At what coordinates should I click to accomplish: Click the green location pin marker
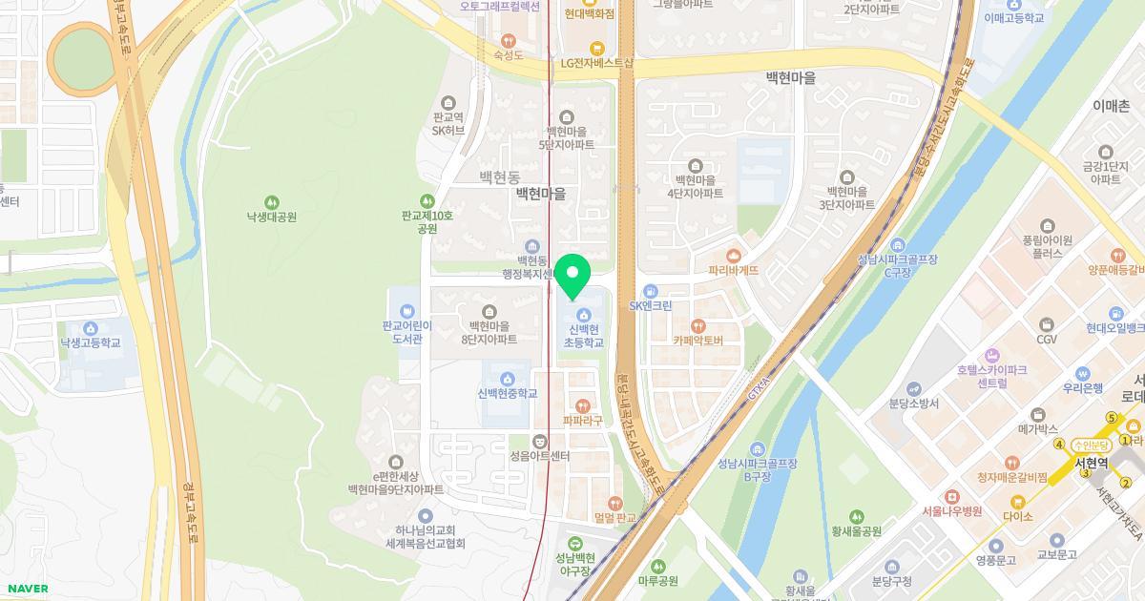point(572,276)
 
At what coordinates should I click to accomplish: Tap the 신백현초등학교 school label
point(583,336)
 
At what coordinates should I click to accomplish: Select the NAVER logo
point(27,589)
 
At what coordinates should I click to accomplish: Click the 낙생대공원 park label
point(271,217)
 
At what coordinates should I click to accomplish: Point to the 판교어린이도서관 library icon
point(407,311)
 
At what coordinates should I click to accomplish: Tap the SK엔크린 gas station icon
point(651,291)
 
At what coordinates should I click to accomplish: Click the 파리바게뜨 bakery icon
point(733,256)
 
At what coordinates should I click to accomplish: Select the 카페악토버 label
point(697,341)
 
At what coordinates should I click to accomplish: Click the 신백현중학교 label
point(508,393)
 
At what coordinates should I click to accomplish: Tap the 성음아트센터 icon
point(540,441)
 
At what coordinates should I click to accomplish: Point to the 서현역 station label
point(1091,463)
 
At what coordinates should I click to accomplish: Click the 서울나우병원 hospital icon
point(951,497)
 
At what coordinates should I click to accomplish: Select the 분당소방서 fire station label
point(913,404)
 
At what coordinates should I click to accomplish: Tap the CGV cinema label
point(1047,339)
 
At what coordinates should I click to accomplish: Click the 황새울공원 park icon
point(856,517)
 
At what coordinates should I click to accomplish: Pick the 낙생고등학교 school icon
point(91,329)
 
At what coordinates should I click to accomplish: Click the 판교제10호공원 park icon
point(427,201)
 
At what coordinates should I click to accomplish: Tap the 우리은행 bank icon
point(1082,374)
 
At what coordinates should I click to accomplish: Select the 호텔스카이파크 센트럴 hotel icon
point(992,355)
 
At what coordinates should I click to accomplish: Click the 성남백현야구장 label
point(574,564)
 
